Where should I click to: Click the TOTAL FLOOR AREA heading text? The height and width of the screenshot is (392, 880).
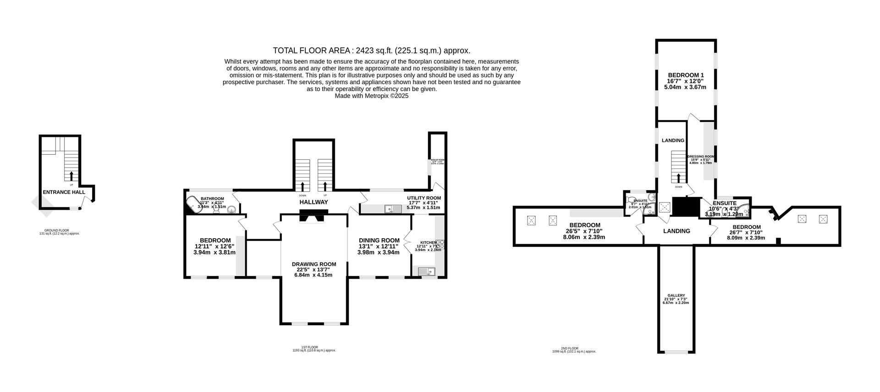pos(371,50)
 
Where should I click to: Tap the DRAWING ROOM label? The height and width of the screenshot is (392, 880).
pos(314,264)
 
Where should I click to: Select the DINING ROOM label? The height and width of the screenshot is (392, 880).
pos(379,240)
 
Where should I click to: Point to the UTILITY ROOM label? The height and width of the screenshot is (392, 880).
pos(424,198)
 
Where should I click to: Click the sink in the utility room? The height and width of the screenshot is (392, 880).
pos(393,209)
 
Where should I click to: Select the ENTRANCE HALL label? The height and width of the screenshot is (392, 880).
pos(64,192)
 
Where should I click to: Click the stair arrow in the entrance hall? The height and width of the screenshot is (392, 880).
pos(71,175)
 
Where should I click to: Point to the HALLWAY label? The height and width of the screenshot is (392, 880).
pos(313,202)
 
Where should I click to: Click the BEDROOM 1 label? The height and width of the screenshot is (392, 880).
pos(686,75)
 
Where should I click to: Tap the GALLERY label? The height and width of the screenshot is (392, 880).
pos(676,296)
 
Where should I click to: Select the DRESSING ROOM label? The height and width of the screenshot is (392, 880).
pos(701,157)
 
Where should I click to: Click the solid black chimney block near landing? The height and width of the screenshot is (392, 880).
pos(686,206)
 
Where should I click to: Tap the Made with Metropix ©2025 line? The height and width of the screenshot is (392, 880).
pos(371,96)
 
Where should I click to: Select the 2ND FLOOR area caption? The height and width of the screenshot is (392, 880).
pos(574,349)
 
